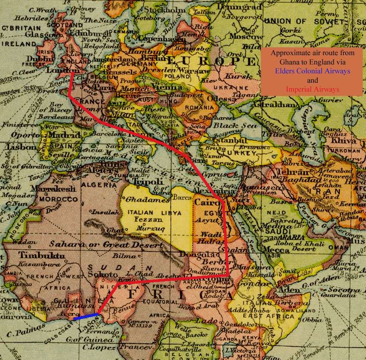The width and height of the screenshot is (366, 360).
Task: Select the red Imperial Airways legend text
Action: pyautogui.click(x=312, y=89)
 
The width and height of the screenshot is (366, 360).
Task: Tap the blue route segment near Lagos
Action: pyautogui.click(x=86, y=316)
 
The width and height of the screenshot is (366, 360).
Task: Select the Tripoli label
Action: pyautogui.click(x=148, y=181)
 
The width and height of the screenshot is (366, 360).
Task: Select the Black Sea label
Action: pyautogui.click(x=229, y=126)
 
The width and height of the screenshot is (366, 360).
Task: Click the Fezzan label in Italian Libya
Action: pyautogui.click(x=148, y=220)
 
